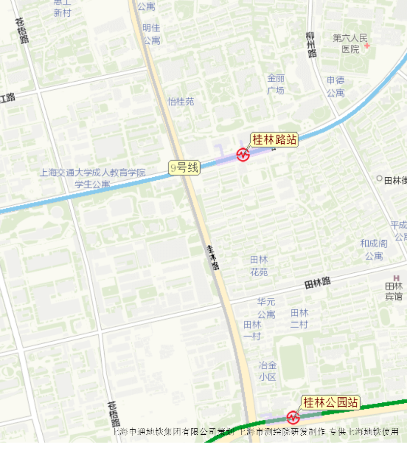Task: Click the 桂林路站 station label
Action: pos(274,140)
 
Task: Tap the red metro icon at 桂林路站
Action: pos(243,155)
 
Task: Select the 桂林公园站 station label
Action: pos(330,402)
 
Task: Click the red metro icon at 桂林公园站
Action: pos(293,417)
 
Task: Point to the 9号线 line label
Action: pos(184,168)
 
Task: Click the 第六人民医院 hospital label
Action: pos(350,43)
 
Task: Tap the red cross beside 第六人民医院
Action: pos(366,46)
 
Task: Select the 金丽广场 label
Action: pos(276,84)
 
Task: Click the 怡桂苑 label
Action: pos(181,101)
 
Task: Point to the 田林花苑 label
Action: pos(259,265)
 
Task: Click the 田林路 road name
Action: pos(318,282)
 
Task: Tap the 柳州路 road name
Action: pos(311,45)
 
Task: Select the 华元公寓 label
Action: pos(266,308)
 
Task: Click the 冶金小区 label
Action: pos(268,371)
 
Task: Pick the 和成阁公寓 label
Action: pos(374,250)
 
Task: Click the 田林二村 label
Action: pos(299,318)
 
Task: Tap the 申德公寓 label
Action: pos(336,86)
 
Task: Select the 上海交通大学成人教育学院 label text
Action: pos(93,173)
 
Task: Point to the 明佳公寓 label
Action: pos(151,34)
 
